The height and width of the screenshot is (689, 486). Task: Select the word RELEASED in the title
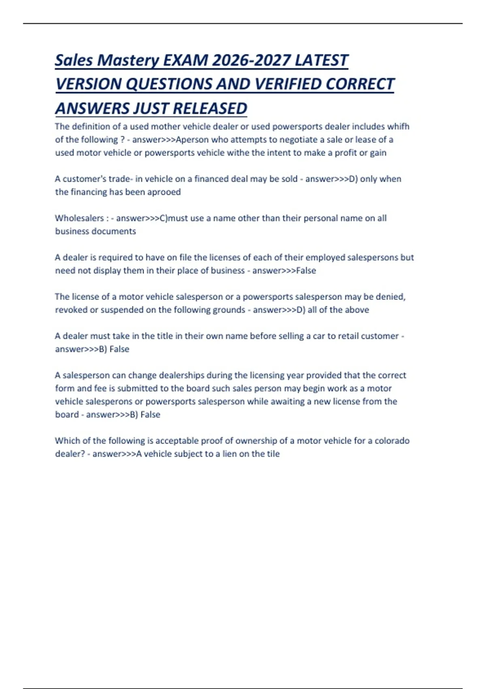pyautogui.click(x=210, y=109)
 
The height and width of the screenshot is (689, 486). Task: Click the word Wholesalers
pyautogui.click(x=79, y=218)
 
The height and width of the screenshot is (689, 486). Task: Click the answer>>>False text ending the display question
pyautogui.click(x=284, y=270)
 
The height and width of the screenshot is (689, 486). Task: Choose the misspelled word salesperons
pyautogui.click(x=99, y=401)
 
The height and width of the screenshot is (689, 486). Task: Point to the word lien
pyautogui.click(x=229, y=454)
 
